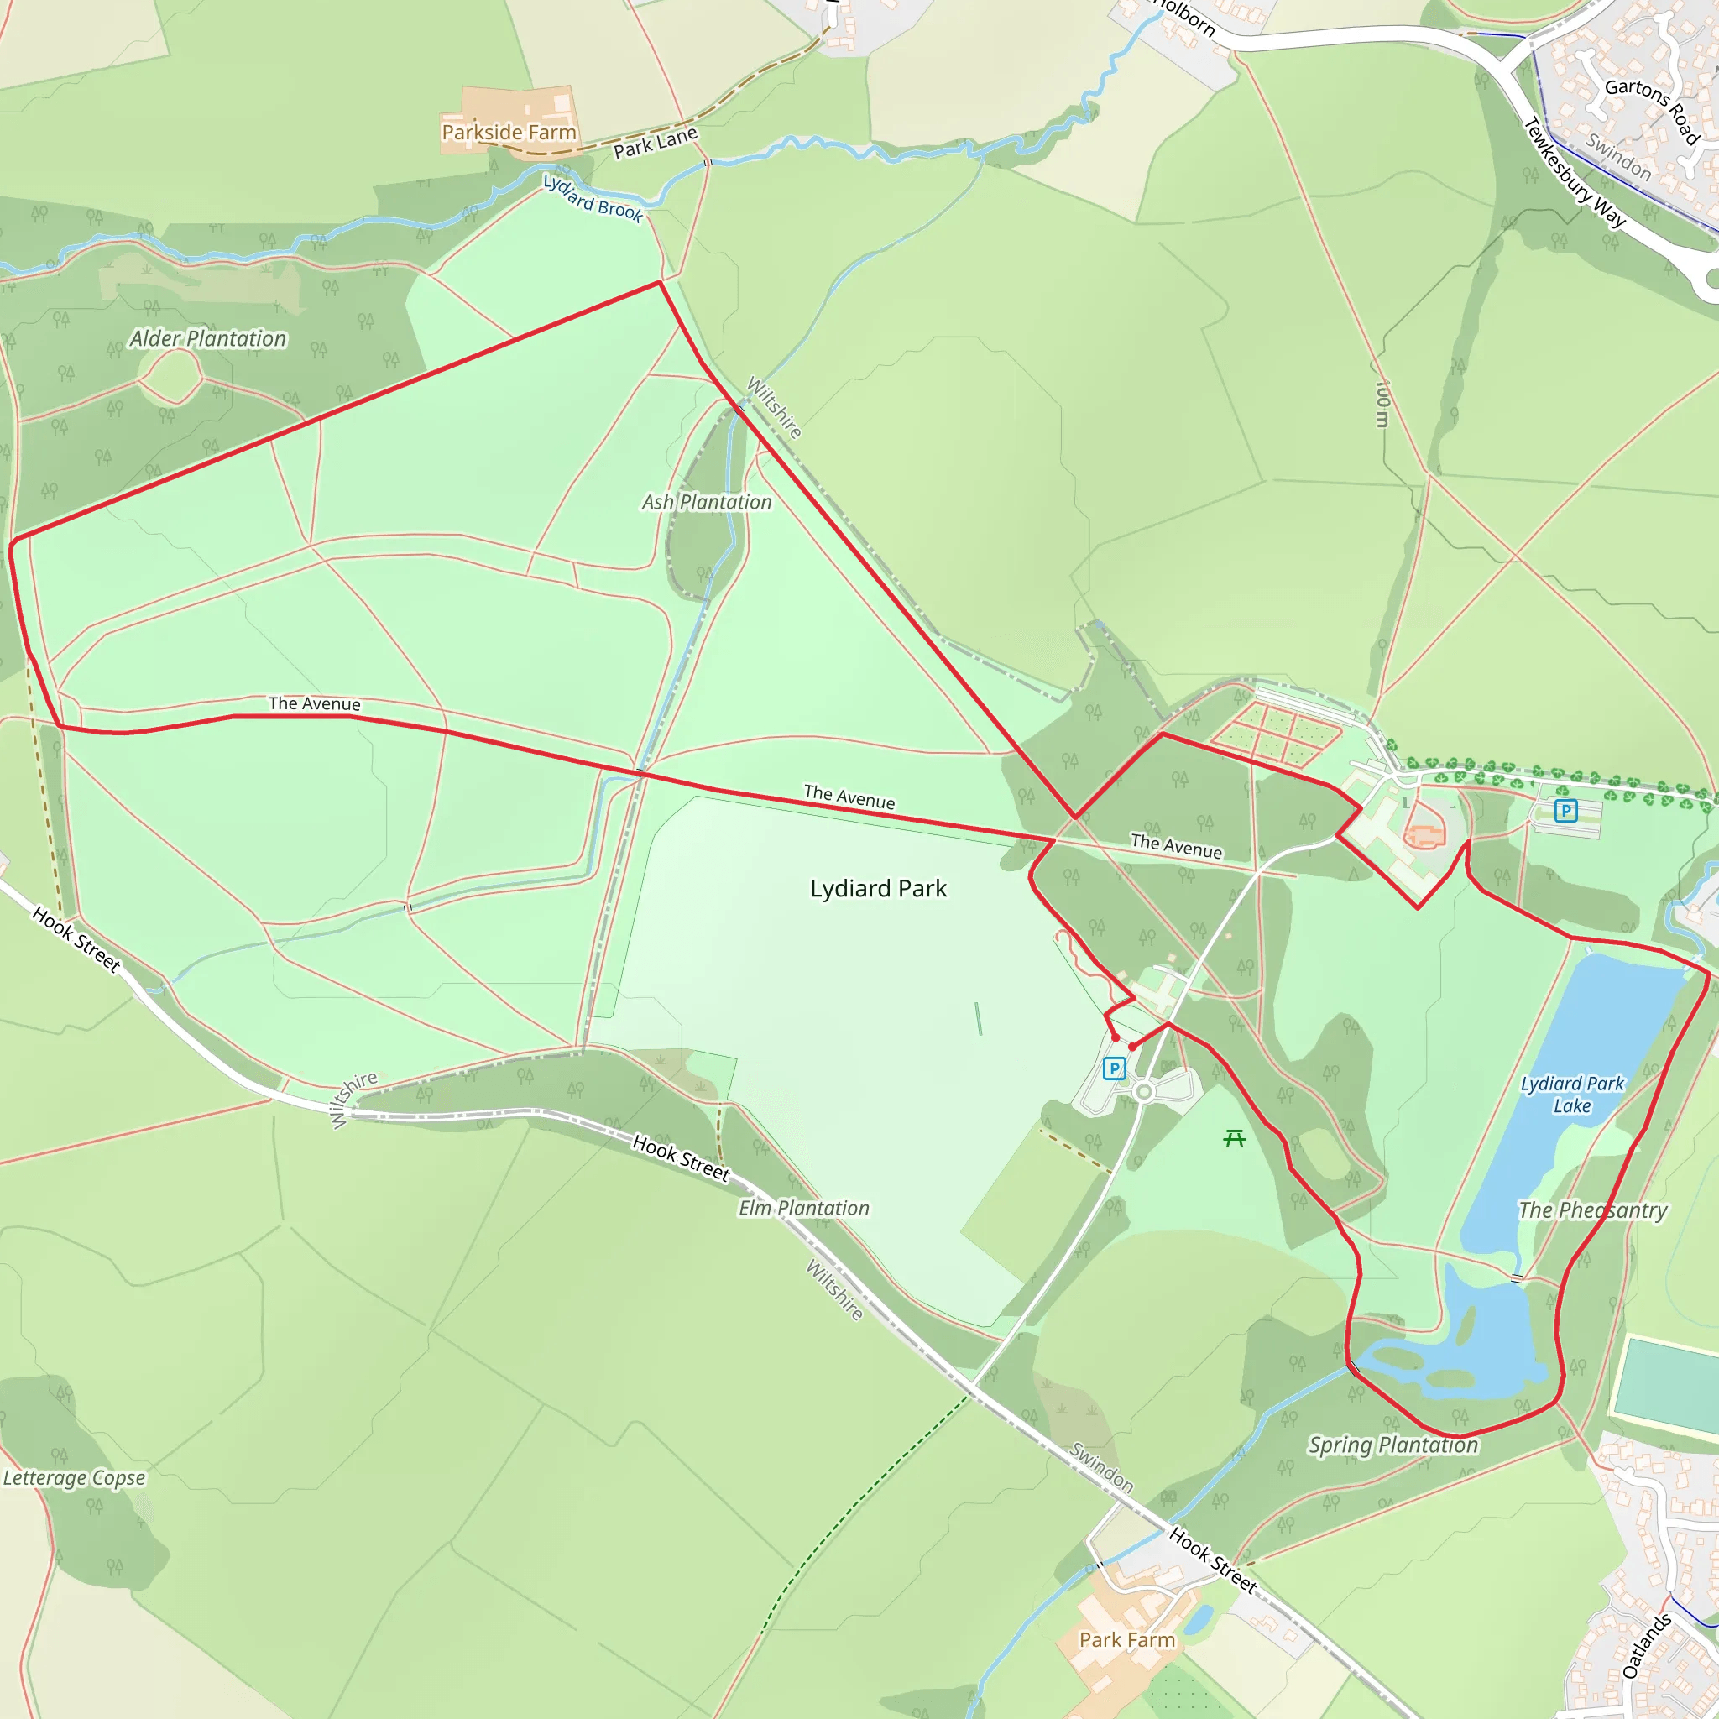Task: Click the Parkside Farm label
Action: tap(509, 133)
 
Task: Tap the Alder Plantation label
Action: tap(208, 339)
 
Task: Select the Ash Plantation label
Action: tap(708, 503)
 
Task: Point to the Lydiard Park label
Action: tap(878, 889)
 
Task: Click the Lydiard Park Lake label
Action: tap(1572, 1095)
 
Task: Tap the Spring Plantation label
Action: tap(1392, 1445)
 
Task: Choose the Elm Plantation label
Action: tap(803, 1209)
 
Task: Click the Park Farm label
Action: tap(1127, 1640)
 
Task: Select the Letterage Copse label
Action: tap(74, 1478)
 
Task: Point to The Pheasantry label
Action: tap(1592, 1210)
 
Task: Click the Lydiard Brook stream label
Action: tap(593, 197)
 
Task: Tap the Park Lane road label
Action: tap(656, 144)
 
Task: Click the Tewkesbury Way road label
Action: tap(1575, 173)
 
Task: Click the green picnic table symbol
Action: tap(1234, 1138)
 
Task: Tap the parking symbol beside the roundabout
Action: tap(1114, 1068)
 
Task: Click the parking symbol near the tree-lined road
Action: tap(1566, 811)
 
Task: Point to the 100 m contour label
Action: tap(1382, 404)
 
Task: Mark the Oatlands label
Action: tap(1647, 1646)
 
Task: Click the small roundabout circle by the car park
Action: tap(1144, 1092)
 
